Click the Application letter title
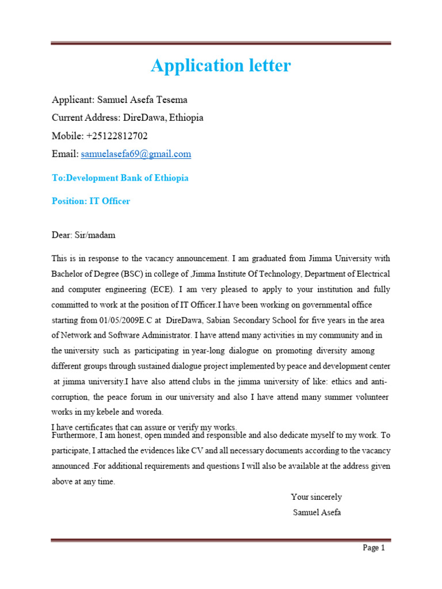[220, 66]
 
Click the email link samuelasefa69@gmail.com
[136, 154]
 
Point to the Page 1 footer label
[374, 548]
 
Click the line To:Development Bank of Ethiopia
[120, 178]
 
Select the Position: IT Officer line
[91, 201]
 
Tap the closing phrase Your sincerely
[316, 497]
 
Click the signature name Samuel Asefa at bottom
[317, 512]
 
